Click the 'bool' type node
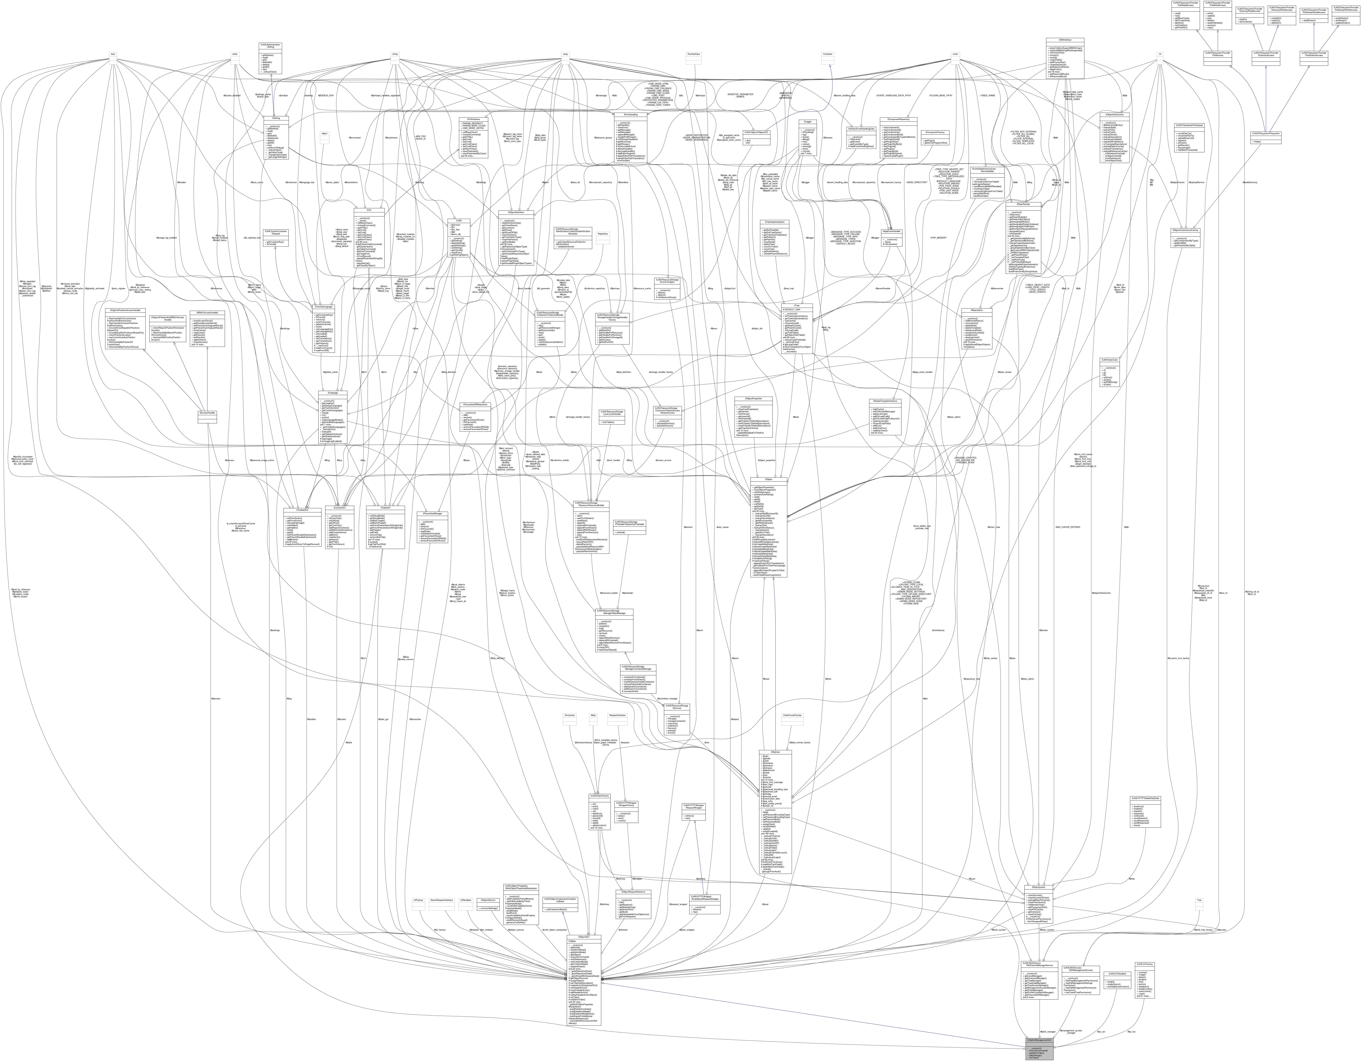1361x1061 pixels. pos(113,54)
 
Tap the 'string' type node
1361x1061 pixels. pos(394,54)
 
